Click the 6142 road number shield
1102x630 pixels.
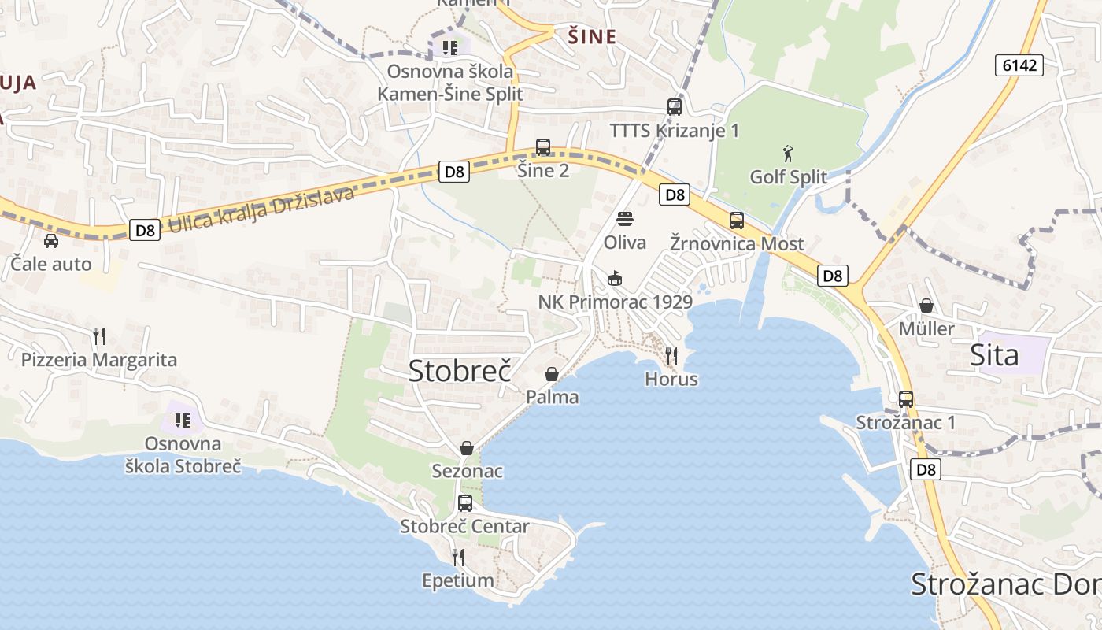click(x=1019, y=65)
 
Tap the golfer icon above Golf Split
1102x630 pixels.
click(x=788, y=152)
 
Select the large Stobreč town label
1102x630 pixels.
click(x=460, y=370)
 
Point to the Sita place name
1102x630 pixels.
click(x=995, y=355)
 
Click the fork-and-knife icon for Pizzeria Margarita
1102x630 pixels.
click(x=99, y=336)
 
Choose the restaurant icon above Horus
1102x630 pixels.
click(x=671, y=355)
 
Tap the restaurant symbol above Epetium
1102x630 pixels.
click(x=458, y=558)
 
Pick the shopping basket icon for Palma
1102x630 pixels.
click(x=552, y=374)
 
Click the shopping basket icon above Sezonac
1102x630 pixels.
click(x=467, y=448)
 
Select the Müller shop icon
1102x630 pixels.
click(x=926, y=306)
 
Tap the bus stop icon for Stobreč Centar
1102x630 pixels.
click(x=465, y=503)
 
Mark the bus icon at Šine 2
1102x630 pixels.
click(x=543, y=147)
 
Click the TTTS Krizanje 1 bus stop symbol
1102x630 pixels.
click(x=675, y=107)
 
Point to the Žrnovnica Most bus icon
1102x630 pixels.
click(x=737, y=220)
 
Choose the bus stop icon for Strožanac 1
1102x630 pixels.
click(x=906, y=399)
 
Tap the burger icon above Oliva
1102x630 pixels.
click(x=625, y=218)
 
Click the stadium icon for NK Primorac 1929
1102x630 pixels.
click(x=615, y=278)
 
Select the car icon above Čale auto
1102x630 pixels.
click(x=51, y=241)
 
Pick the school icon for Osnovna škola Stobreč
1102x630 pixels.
click(x=183, y=420)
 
